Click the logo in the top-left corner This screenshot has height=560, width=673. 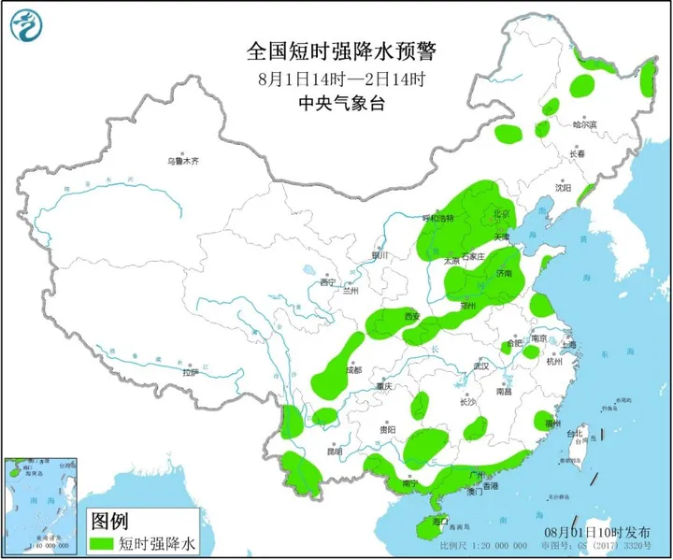pos(31,26)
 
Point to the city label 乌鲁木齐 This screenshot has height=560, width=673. pos(183,161)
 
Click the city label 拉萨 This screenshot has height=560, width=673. pos(192,373)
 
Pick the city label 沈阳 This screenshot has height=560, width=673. pos(562,187)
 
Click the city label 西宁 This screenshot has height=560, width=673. pos(326,281)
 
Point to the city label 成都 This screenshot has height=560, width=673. pos(352,369)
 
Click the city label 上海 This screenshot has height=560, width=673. pos(569,345)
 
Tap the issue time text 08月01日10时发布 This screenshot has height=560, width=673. pos(614,531)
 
